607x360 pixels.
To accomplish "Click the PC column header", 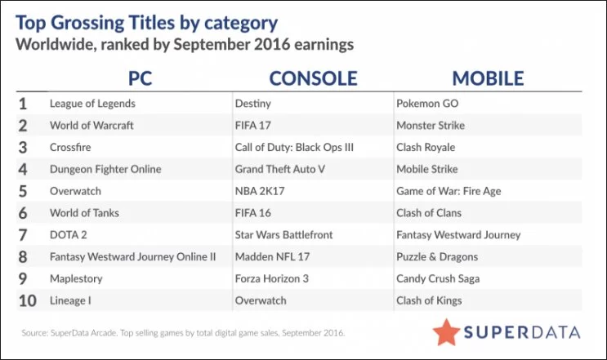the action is pyautogui.click(x=141, y=78).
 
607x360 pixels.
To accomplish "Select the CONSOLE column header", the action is pyautogui.click(x=313, y=78).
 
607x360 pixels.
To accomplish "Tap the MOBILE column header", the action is pyautogui.click(x=488, y=78).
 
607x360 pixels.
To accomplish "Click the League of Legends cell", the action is pyautogui.click(x=92, y=104).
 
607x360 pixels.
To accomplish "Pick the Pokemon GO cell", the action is pyautogui.click(x=427, y=104).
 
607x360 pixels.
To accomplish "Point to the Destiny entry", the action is pyautogui.click(x=252, y=104).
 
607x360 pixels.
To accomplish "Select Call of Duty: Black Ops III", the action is pyautogui.click(x=294, y=147).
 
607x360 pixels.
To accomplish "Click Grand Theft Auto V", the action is pyautogui.click(x=280, y=169).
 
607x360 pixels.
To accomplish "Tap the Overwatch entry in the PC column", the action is pyautogui.click(x=75, y=191).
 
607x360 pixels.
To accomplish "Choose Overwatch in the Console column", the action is pyautogui.click(x=261, y=300).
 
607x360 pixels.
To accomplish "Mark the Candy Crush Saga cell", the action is pyautogui.click(x=438, y=279).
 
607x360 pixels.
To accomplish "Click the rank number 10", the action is pyautogui.click(x=28, y=301).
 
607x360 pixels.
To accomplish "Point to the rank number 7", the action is pyautogui.click(x=23, y=235).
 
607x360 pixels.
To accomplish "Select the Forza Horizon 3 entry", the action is pyautogui.click(x=272, y=279).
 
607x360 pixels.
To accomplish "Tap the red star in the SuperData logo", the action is pyautogui.click(x=446, y=332).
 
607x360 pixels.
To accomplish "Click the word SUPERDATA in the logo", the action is pyautogui.click(x=522, y=332).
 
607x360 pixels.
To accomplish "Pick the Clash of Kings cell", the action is pyautogui.click(x=429, y=300).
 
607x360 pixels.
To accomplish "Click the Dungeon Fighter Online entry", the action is pyautogui.click(x=105, y=169).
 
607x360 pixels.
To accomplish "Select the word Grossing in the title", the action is pyautogui.click(x=87, y=23).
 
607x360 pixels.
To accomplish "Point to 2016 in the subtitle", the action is pyautogui.click(x=272, y=44).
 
